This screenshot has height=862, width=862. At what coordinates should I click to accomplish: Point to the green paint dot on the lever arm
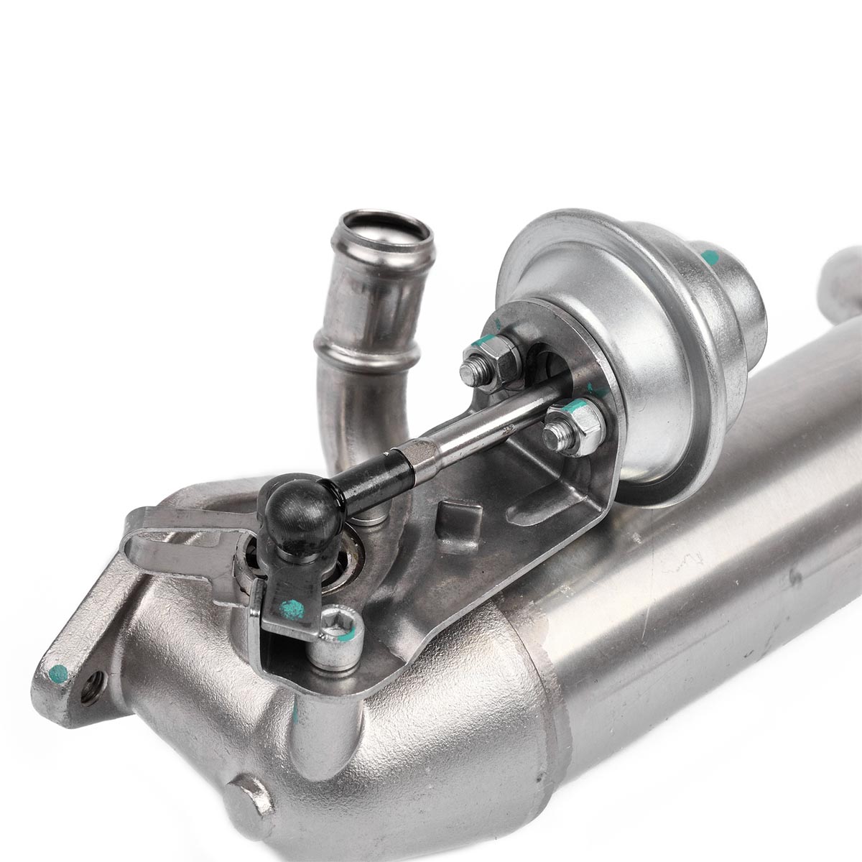(x=292, y=608)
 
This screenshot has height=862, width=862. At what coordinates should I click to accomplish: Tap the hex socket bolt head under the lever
(x=338, y=629)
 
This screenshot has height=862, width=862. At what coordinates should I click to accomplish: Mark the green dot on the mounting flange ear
(x=58, y=674)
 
